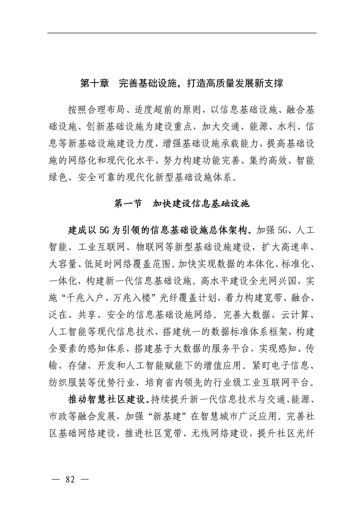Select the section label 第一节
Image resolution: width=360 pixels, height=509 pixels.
(x=127, y=204)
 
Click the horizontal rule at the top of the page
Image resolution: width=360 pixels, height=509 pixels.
(x=182, y=33)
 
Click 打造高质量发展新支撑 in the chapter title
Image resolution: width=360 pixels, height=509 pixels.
(x=232, y=84)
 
